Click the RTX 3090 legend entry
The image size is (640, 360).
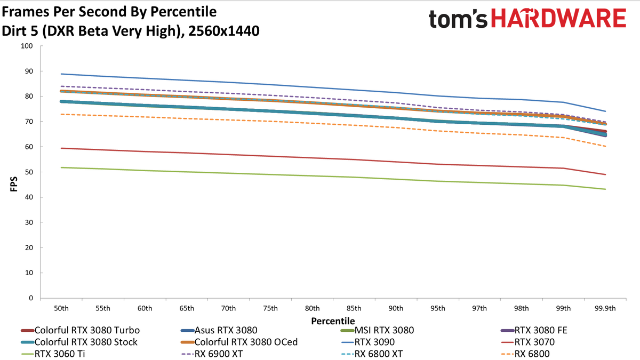368,342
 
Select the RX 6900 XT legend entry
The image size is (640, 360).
212,354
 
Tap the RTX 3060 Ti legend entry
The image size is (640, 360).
53,354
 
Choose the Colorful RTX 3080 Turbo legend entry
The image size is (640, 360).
81,330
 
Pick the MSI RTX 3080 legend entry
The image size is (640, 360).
377,330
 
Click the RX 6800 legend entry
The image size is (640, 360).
525,354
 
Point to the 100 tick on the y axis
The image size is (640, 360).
27,46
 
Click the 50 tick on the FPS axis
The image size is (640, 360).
29,172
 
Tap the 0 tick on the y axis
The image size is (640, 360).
31,298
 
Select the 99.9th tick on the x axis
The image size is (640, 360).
605,309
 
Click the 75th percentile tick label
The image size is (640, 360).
270,309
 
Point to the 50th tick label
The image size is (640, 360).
61,309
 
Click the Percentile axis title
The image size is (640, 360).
333,321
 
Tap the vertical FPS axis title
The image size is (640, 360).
14,184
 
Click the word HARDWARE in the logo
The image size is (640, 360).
558,18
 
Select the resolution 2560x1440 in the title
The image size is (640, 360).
223,31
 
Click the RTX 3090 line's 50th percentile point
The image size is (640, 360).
61,74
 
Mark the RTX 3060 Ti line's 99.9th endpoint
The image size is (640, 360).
605,189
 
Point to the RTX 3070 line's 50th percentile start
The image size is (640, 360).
61,148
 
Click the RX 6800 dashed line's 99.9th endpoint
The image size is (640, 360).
605,146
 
